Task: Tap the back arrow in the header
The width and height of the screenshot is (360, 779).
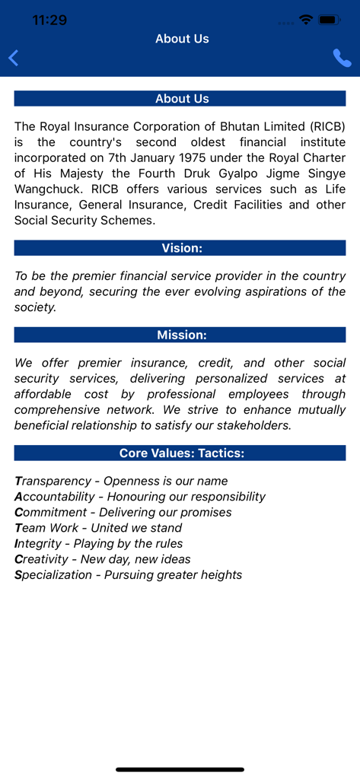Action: [13, 58]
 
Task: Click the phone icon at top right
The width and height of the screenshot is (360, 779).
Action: [342, 58]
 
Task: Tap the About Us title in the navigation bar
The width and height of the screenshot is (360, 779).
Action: [182, 39]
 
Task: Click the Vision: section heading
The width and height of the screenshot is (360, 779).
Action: [180, 248]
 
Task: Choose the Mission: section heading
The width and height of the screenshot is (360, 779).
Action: [180, 335]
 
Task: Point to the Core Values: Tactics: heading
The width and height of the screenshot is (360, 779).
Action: [180, 453]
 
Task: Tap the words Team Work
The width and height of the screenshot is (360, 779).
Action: [46, 528]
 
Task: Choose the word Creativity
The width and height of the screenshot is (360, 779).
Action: [41, 559]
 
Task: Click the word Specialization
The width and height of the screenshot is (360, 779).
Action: [53, 575]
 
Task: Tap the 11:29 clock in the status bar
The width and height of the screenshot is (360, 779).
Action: [49, 21]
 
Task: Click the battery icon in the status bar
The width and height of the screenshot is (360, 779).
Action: [330, 20]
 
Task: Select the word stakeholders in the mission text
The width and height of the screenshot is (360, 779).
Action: [252, 425]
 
